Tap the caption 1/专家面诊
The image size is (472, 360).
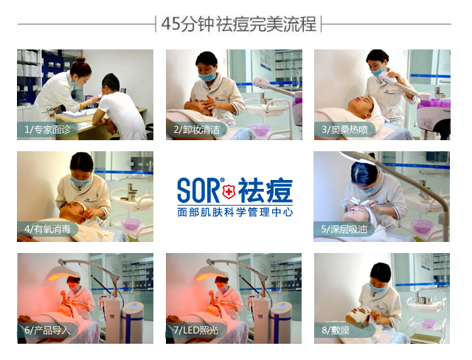[46, 130]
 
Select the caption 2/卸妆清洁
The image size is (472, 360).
[195, 130]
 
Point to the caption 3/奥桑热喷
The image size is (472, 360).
[344, 130]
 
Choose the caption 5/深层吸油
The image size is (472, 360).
[344, 230]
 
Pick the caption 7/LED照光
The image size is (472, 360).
[196, 330]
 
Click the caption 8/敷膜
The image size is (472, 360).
[336, 330]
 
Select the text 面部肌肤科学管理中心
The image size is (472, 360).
[235, 211]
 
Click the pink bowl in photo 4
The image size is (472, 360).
[131, 223]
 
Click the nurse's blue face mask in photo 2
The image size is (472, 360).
[209, 76]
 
